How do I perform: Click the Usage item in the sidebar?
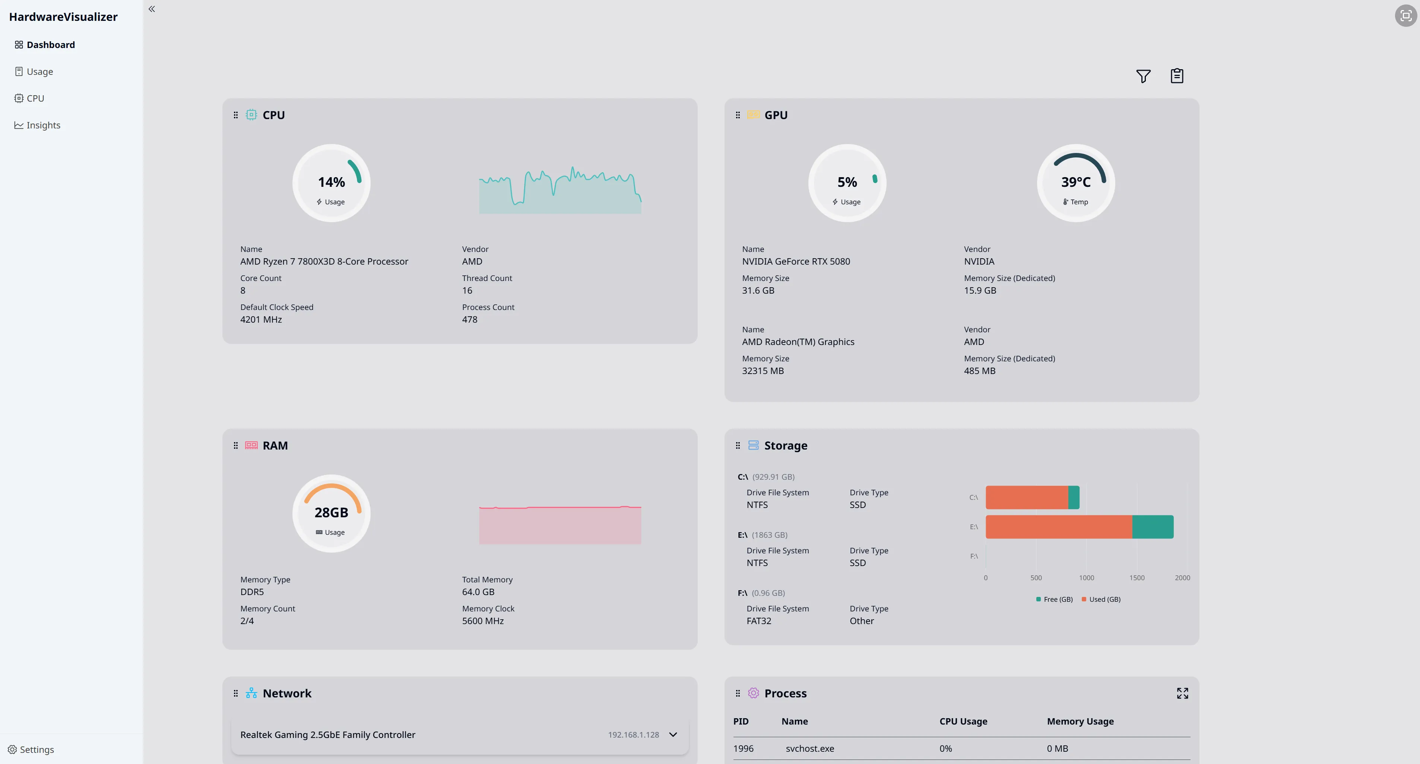[x=40, y=71]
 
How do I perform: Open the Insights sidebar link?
[x=43, y=125]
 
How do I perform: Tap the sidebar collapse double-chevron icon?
[x=152, y=9]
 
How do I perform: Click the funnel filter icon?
[x=1143, y=76]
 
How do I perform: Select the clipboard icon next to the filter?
[x=1176, y=76]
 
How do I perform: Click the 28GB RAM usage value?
[x=331, y=512]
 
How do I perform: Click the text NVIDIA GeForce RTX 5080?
[x=795, y=261]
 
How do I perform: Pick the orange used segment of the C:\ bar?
[x=1026, y=498]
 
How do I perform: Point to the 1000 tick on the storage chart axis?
[x=1086, y=578]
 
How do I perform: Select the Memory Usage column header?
[x=1080, y=721]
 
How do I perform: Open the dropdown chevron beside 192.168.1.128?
[x=672, y=735]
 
